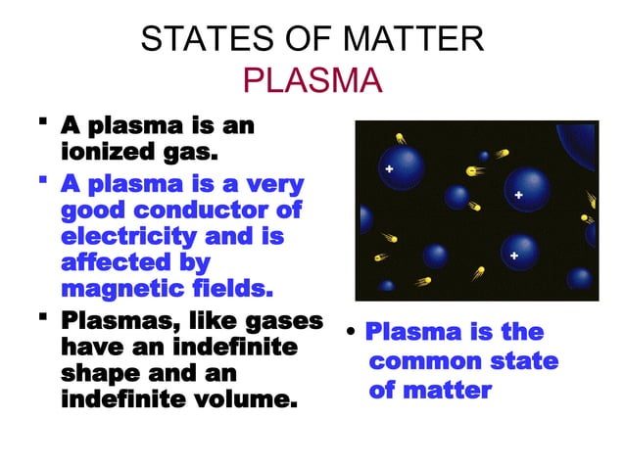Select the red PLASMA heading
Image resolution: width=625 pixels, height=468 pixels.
[312, 80]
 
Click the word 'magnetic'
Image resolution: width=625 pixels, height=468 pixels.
[126, 290]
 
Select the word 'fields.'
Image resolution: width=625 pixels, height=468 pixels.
[235, 290]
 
